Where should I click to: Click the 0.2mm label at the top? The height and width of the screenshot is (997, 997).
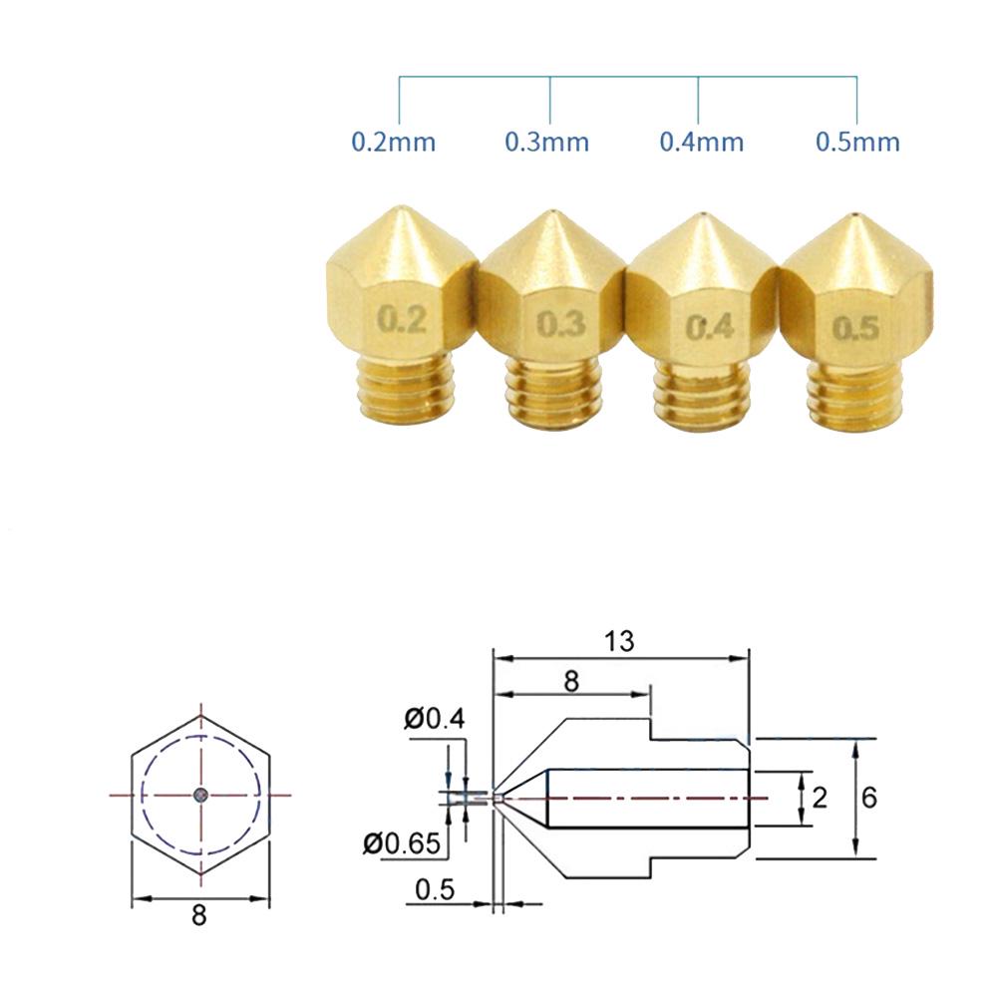(x=394, y=142)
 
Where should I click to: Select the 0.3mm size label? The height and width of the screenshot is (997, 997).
(x=546, y=142)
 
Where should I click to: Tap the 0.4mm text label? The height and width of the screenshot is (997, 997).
(x=701, y=142)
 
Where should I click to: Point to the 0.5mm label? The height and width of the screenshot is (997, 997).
(x=857, y=142)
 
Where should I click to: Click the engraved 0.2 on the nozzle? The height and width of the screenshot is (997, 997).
(x=403, y=319)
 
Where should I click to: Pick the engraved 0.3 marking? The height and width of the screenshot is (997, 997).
(x=560, y=324)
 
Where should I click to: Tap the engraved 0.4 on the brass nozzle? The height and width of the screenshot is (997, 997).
(x=710, y=327)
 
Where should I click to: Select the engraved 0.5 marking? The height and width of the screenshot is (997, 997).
(x=856, y=328)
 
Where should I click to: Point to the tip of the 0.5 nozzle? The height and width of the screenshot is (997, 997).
(x=855, y=215)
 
